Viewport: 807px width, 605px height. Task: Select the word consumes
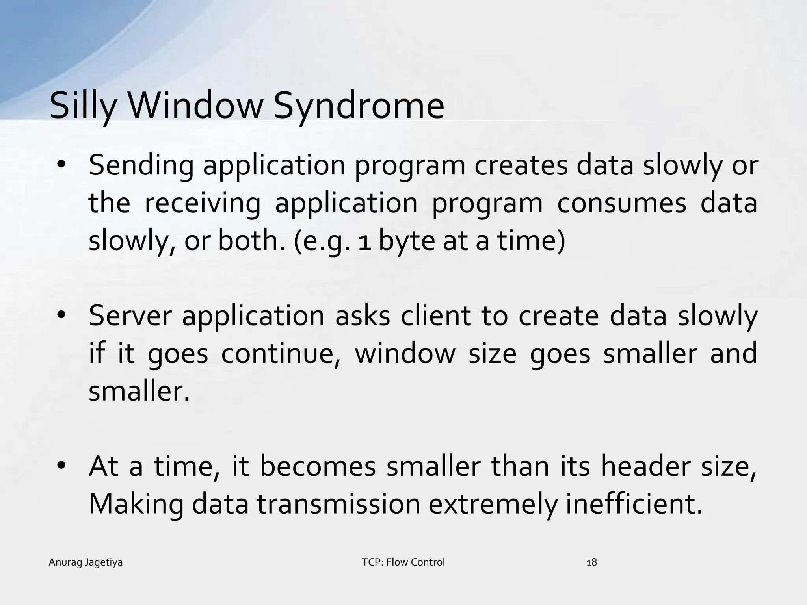click(x=621, y=203)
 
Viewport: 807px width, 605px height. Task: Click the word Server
click(x=130, y=316)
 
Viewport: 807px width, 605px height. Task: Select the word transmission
click(x=339, y=504)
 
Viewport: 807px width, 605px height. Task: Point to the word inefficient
click(x=634, y=504)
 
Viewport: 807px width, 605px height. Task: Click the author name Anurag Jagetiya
click(x=86, y=562)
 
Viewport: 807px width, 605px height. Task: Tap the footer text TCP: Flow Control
click(x=403, y=562)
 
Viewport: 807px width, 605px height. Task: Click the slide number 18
click(x=592, y=562)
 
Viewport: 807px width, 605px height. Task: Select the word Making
click(x=136, y=504)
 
